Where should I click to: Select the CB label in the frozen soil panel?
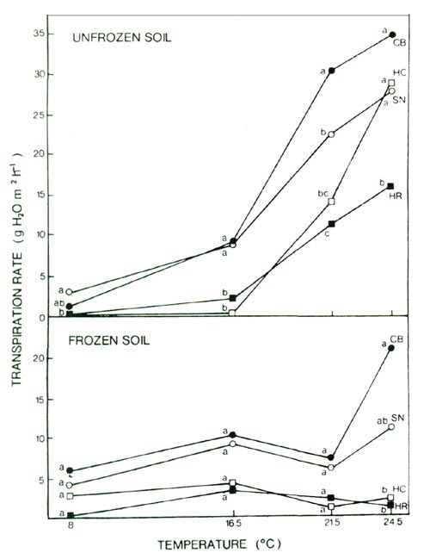[x=400, y=339]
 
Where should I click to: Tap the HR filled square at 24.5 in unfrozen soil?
[x=390, y=186]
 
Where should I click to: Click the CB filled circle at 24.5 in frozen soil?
[x=391, y=348]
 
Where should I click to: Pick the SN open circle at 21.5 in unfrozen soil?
[x=331, y=134]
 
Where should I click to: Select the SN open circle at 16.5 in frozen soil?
[x=233, y=444]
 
